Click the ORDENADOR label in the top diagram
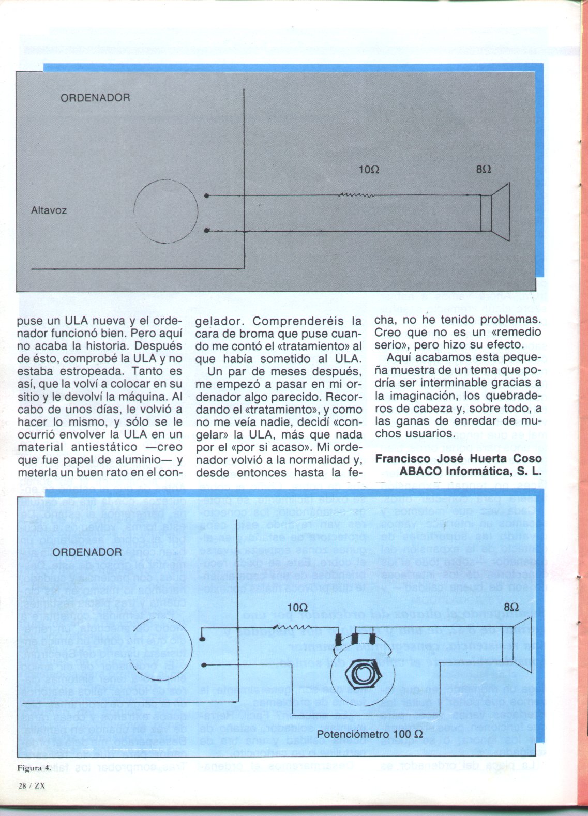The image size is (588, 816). [96, 98]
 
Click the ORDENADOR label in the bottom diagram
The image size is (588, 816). [87, 552]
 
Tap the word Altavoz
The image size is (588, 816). [49, 211]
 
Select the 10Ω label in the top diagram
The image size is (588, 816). [369, 170]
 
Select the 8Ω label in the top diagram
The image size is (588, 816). [484, 170]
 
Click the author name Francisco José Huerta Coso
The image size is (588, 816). [458, 458]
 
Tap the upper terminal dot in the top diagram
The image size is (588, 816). [207, 197]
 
